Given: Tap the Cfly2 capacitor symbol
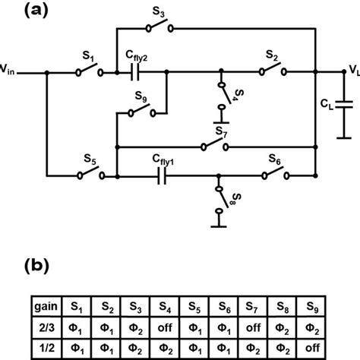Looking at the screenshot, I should pyautogui.click(x=136, y=74).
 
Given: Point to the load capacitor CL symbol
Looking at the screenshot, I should pyautogui.click(x=343, y=106).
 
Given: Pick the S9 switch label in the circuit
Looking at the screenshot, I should pyautogui.click(x=140, y=97).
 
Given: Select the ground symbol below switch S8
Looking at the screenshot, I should pyautogui.click(x=220, y=223).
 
